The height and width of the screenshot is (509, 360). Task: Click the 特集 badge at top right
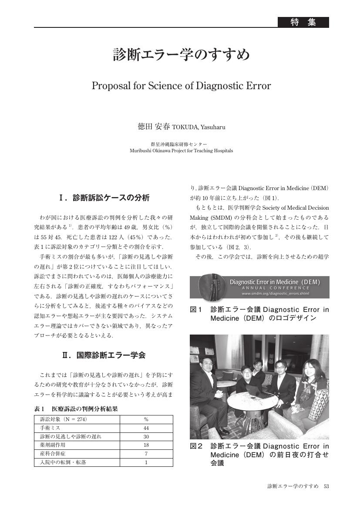click(303, 22)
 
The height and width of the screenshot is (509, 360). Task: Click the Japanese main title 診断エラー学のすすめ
click(181, 55)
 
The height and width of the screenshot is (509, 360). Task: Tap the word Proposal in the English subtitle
click(109, 86)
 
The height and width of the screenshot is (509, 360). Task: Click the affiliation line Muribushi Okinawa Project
click(181, 151)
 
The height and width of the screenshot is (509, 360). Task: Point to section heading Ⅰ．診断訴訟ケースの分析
click(104, 198)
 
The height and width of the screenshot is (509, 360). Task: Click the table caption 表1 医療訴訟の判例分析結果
click(76, 409)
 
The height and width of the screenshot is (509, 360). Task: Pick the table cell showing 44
click(146, 428)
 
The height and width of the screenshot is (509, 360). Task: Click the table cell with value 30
click(146, 436)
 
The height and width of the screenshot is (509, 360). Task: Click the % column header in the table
click(146, 419)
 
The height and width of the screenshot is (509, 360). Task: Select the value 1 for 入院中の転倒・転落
click(146, 462)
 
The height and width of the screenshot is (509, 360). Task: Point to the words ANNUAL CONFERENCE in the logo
click(275, 288)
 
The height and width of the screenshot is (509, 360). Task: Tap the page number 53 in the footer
click(326, 486)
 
